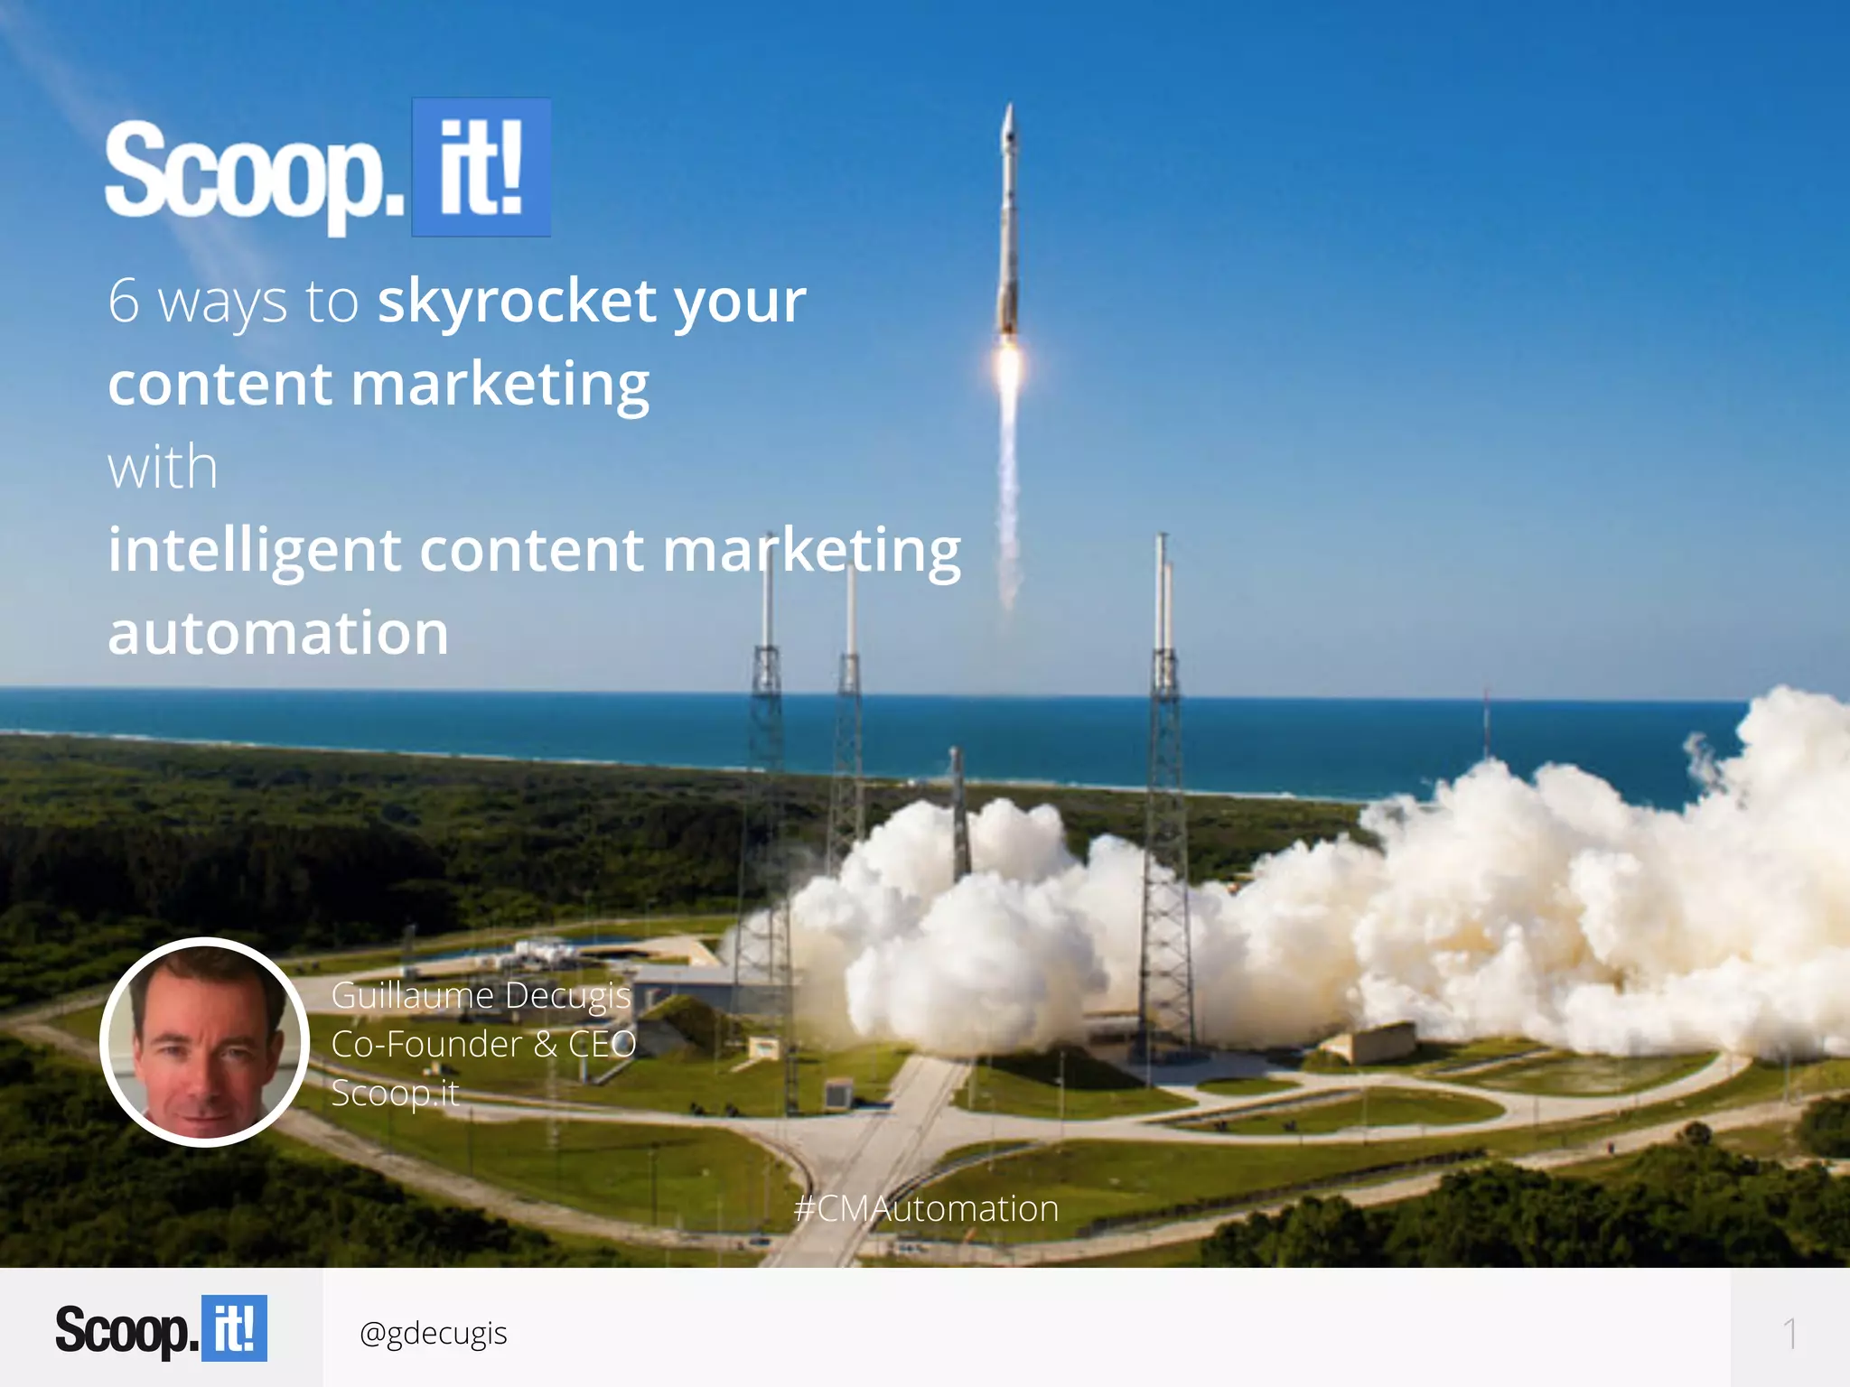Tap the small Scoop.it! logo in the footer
pos(161,1328)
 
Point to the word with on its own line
pos(163,468)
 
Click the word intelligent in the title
pos(254,551)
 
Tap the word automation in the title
pos(278,632)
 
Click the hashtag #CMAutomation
pos(926,1208)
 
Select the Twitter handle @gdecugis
pos(433,1333)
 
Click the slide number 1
pos(1789,1334)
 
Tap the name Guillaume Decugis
pos(481,995)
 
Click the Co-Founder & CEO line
pos(483,1044)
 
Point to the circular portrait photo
pos(205,1042)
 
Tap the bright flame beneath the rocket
pos(1008,370)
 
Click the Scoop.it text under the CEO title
pos(395,1093)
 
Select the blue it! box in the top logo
pos(481,168)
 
